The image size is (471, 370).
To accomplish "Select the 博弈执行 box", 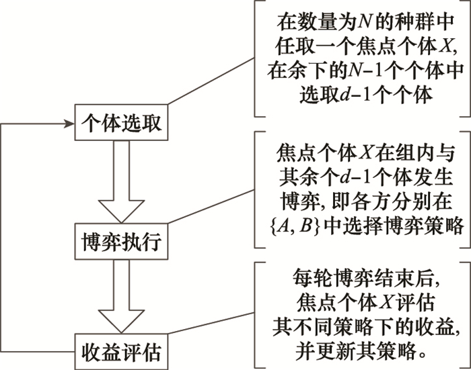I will tap(120, 240).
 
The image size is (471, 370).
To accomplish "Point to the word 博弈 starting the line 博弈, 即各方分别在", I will tap(295, 202).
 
